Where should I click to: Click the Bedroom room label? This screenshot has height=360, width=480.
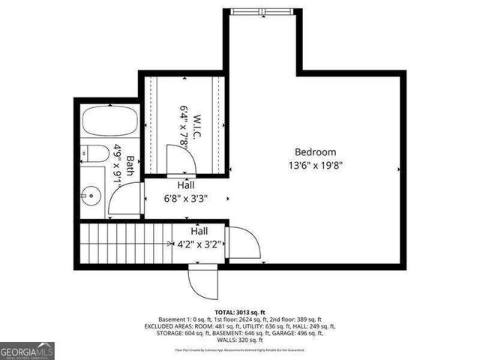(x=315, y=151)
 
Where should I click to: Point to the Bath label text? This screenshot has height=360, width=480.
(x=130, y=166)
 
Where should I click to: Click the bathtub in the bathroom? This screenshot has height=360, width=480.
(x=110, y=121)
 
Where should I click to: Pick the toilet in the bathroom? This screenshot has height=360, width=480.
(x=92, y=154)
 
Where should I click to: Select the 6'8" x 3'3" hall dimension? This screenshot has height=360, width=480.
(x=185, y=199)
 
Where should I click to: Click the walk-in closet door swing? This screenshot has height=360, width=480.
(x=179, y=158)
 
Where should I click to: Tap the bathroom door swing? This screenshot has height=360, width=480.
(x=124, y=200)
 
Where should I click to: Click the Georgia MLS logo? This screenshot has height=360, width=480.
(x=27, y=350)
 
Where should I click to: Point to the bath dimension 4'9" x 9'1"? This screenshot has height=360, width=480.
(x=118, y=166)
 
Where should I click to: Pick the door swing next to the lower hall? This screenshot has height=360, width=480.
(x=244, y=244)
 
